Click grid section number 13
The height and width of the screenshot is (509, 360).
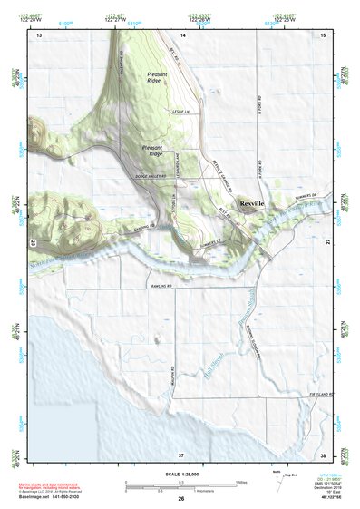point(39,34)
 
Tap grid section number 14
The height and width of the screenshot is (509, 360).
point(182,34)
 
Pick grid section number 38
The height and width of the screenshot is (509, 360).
point(322,454)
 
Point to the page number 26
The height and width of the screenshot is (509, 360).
point(180,499)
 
